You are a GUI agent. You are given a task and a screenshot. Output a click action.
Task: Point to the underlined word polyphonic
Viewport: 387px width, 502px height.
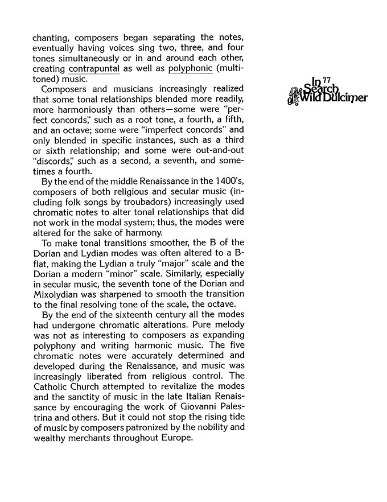point(191,69)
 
